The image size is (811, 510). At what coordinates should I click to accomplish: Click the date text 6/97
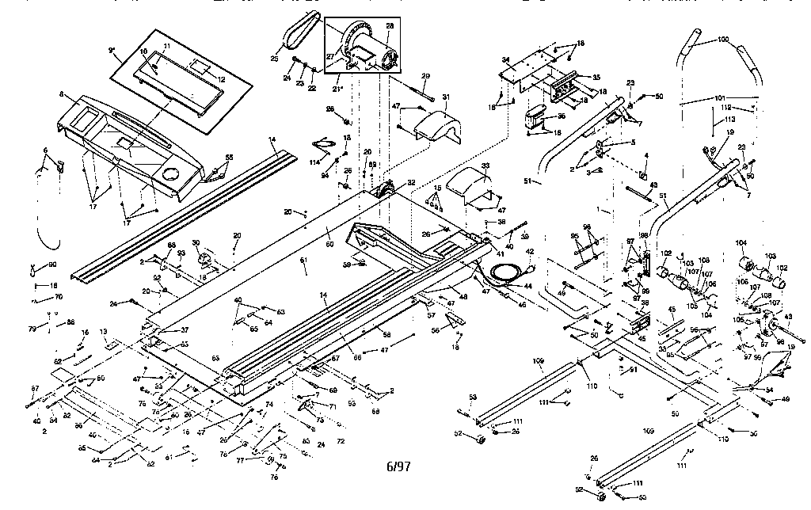tap(398, 466)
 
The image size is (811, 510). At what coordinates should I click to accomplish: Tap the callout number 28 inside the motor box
tap(390, 27)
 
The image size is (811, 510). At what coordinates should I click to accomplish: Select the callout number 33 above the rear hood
tap(484, 167)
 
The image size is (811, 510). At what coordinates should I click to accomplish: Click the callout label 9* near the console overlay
tap(112, 50)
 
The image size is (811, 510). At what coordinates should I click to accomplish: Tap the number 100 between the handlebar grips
tap(722, 39)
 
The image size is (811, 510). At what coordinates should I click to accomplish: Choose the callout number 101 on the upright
tap(719, 99)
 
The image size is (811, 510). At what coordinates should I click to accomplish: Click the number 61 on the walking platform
tap(303, 260)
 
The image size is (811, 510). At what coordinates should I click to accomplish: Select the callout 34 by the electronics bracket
tap(505, 59)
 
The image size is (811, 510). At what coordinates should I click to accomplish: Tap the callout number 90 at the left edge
tap(52, 265)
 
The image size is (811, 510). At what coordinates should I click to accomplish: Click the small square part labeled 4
tap(644, 176)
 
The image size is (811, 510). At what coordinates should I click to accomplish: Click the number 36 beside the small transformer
tap(561, 116)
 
